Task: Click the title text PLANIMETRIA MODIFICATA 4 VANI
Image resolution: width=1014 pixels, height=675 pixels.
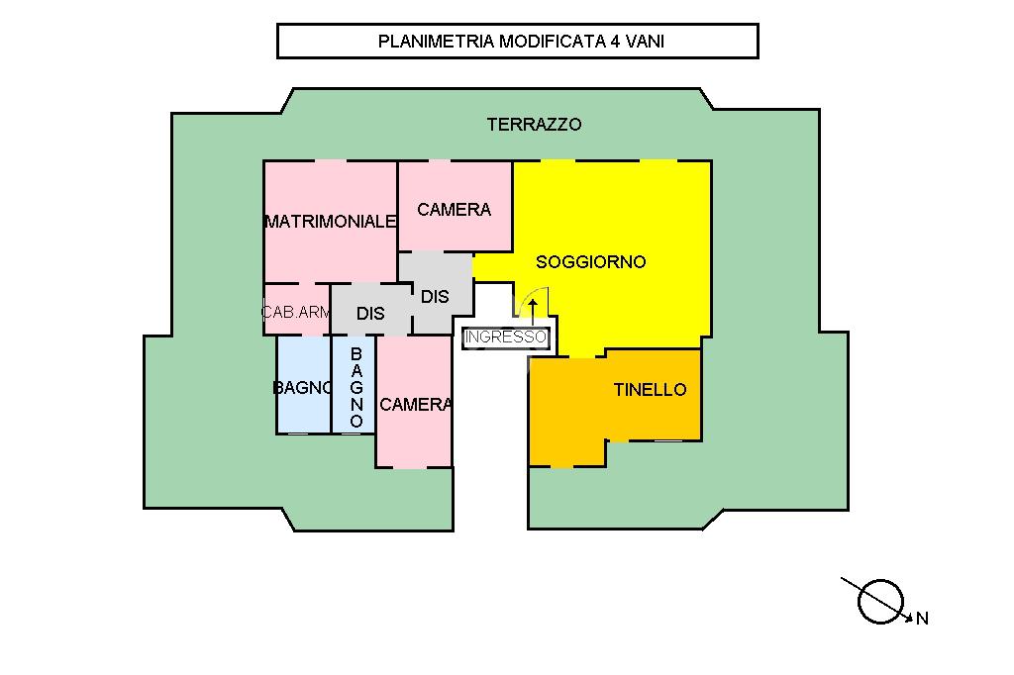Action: point(517,42)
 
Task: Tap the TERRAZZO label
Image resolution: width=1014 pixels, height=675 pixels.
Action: point(534,125)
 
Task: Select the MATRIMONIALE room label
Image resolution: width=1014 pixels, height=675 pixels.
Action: point(330,222)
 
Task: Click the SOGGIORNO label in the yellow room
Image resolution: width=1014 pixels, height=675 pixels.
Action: point(590,262)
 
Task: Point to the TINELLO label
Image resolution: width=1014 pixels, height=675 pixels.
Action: point(650,390)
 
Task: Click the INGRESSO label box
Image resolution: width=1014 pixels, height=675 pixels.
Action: point(505,337)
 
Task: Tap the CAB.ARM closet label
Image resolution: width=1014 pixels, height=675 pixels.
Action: point(295,313)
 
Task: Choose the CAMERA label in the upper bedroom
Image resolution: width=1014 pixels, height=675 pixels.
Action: point(454,210)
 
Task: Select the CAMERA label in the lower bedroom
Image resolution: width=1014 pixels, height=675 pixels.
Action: point(415,405)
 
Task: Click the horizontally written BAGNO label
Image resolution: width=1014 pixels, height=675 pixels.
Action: point(302,388)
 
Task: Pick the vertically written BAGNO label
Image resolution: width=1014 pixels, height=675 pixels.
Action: point(356,387)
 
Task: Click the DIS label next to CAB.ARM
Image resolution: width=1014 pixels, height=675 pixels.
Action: point(370,314)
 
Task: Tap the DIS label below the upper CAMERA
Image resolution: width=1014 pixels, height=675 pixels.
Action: point(435,296)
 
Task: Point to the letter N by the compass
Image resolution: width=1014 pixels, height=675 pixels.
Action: point(922,620)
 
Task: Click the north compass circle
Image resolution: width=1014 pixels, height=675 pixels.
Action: point(880,600)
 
